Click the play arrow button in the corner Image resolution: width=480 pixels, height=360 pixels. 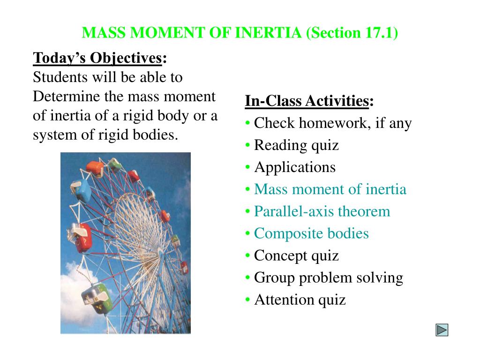442,330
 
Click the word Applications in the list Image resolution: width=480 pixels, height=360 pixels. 295,167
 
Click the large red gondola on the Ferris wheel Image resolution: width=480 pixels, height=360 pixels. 81,238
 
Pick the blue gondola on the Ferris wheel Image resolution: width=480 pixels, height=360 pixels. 81,190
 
